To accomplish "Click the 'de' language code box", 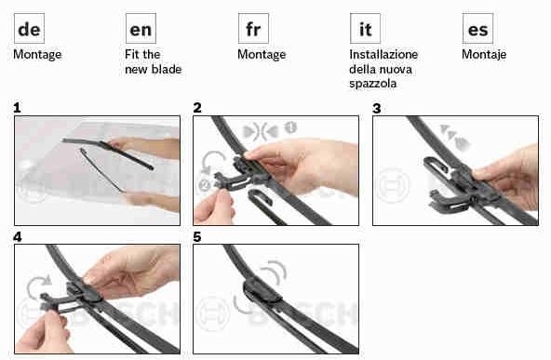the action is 29,29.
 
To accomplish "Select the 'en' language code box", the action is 141,29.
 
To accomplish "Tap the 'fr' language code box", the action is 253,29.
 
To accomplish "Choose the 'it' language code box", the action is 365,29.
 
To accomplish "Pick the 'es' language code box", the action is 477,29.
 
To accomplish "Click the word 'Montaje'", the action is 484,55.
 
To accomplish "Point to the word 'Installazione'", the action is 383,55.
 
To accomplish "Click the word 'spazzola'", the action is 373,84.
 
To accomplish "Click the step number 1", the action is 17,108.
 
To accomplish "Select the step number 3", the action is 376,108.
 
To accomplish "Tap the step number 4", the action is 17,237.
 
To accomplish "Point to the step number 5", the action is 196,237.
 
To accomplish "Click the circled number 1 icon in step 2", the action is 290,127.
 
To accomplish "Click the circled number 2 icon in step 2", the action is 205,184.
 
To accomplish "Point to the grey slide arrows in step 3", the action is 454,138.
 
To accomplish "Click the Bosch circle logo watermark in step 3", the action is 394,185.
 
